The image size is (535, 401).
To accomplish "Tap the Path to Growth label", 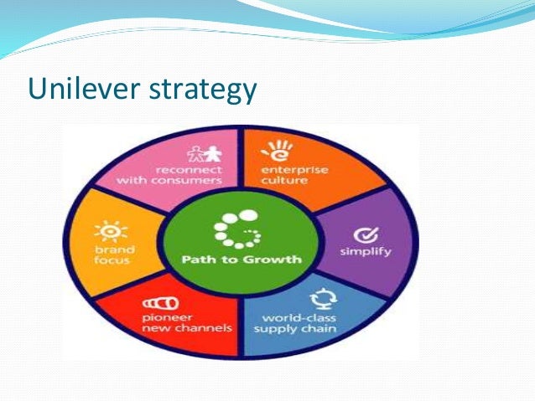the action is tap(242, 259).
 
